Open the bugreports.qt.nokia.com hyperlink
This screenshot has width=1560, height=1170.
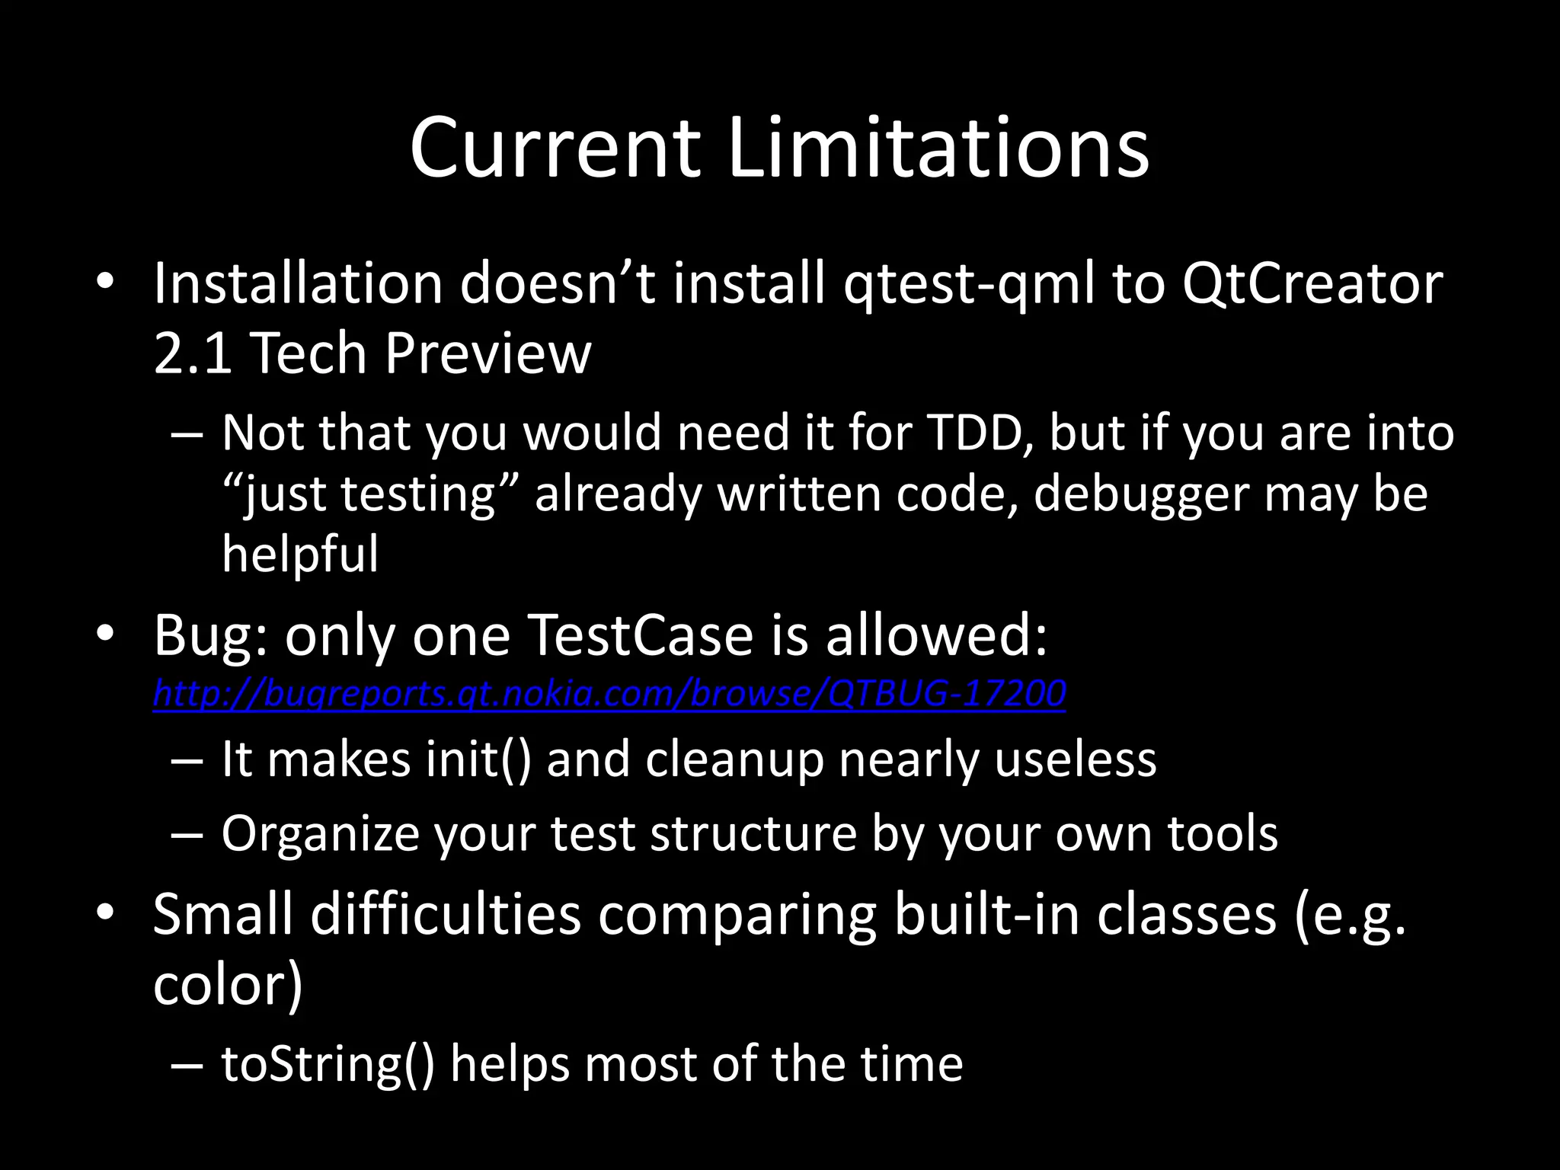tap(609, 693)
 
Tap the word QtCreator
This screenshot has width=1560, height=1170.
tap(1312, 283)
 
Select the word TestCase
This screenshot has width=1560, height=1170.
tap(640, 635)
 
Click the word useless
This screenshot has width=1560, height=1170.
tap(1075, 759)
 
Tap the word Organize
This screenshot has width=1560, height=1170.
tap(320, 834)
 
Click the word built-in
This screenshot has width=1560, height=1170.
tap(986, 913)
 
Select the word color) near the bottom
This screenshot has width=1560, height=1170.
tap(228, 985)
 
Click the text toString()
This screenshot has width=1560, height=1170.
tap(328, 1064)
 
